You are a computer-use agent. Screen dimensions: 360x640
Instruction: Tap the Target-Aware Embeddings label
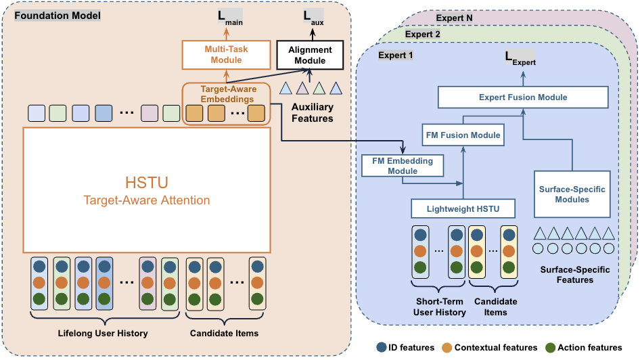227,94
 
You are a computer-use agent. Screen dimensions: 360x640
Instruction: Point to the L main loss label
227,16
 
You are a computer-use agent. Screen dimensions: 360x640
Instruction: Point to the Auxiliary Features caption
312,113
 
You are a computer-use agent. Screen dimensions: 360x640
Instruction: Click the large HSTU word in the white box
146,183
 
